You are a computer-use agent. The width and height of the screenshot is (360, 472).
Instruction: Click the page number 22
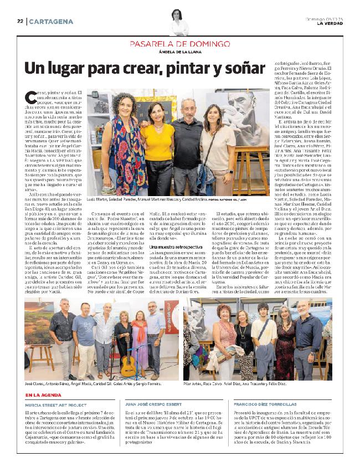[x=19, y=21]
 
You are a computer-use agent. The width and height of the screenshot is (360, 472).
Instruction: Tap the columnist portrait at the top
[x=179, y=23]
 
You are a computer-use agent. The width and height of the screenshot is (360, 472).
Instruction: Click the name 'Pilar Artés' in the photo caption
[x=198, y=383]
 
